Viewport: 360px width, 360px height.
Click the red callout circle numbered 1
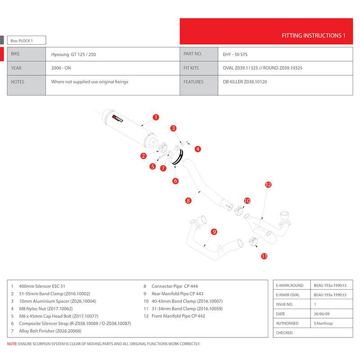tap(156, 117)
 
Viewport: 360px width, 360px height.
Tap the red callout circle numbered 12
tap(268, 184)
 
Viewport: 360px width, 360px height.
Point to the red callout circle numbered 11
tap(264, 256)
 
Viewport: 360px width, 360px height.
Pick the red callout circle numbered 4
tap(197, 148)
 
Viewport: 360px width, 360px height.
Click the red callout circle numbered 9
tap(214, 232)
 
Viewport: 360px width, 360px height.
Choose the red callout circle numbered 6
tap(175, 181)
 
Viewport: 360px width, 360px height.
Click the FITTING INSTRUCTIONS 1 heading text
tap(313, 36)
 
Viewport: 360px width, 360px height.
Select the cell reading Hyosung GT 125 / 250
tap(73, 54)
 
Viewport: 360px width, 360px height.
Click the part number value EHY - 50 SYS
tap(235, 54)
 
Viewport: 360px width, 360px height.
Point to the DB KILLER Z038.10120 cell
tap(245, 82)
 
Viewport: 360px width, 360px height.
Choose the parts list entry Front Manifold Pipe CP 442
tap(178, 316)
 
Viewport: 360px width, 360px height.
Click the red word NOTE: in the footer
tap(13, 344)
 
